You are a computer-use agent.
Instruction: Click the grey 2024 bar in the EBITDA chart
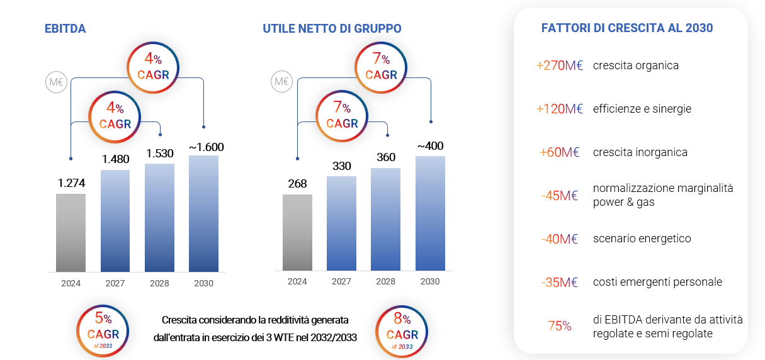[71, 232]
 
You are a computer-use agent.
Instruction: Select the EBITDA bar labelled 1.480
[115, 220]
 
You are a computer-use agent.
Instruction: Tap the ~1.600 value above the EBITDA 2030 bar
[207, 147]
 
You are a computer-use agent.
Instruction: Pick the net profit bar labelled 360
[385, 219]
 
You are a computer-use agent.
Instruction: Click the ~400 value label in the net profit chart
[430, 146]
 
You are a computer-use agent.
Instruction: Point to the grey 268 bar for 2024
[297, 232]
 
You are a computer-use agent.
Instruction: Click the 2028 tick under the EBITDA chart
[159, 283]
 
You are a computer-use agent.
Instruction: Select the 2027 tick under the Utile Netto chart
[341, 281]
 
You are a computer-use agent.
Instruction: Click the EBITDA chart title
[65, 28]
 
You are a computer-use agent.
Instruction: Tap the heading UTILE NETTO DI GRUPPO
[332, 28]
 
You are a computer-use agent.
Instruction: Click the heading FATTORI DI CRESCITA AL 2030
[627, 28]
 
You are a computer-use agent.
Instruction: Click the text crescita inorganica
[640, 152]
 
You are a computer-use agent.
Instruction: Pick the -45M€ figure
[560, 195]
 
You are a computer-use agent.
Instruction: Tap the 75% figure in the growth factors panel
[560, 326]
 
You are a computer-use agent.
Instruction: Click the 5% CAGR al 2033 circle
[103, 330]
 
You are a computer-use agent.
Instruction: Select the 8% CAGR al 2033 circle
[401, 330]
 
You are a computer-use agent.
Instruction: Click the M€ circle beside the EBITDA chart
[56, 82]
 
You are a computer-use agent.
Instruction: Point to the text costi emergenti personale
[657, 282]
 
